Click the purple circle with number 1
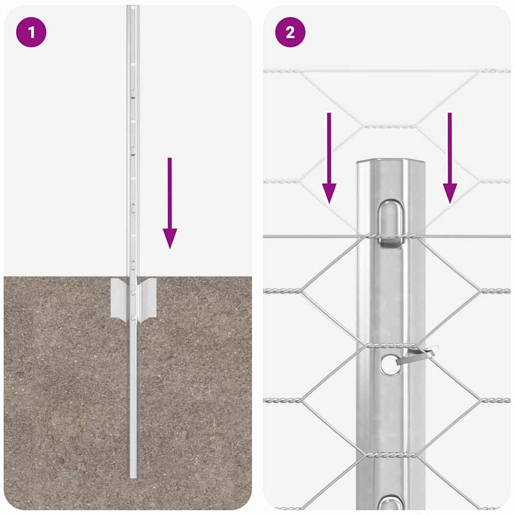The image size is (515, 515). click(x=31, y=32)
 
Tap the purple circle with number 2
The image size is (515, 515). click(x=290, y=32)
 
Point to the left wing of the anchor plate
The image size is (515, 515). click(x=119, y=298)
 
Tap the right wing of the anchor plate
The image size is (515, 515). click(x=147, y=298)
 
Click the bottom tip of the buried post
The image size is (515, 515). click(x=133, y=475)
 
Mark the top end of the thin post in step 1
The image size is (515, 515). click(x=133, y=8)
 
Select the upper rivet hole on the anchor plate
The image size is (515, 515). click(x=133, y=292)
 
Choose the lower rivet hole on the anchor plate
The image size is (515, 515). click(x=133, y=317)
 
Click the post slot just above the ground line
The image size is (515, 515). click(x=133, y=265)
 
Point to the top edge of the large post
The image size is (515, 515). click(x=391, y=162)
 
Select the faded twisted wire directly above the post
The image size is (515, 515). click(x=390, y=126)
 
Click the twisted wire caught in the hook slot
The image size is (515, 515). click(x=391, y=235)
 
